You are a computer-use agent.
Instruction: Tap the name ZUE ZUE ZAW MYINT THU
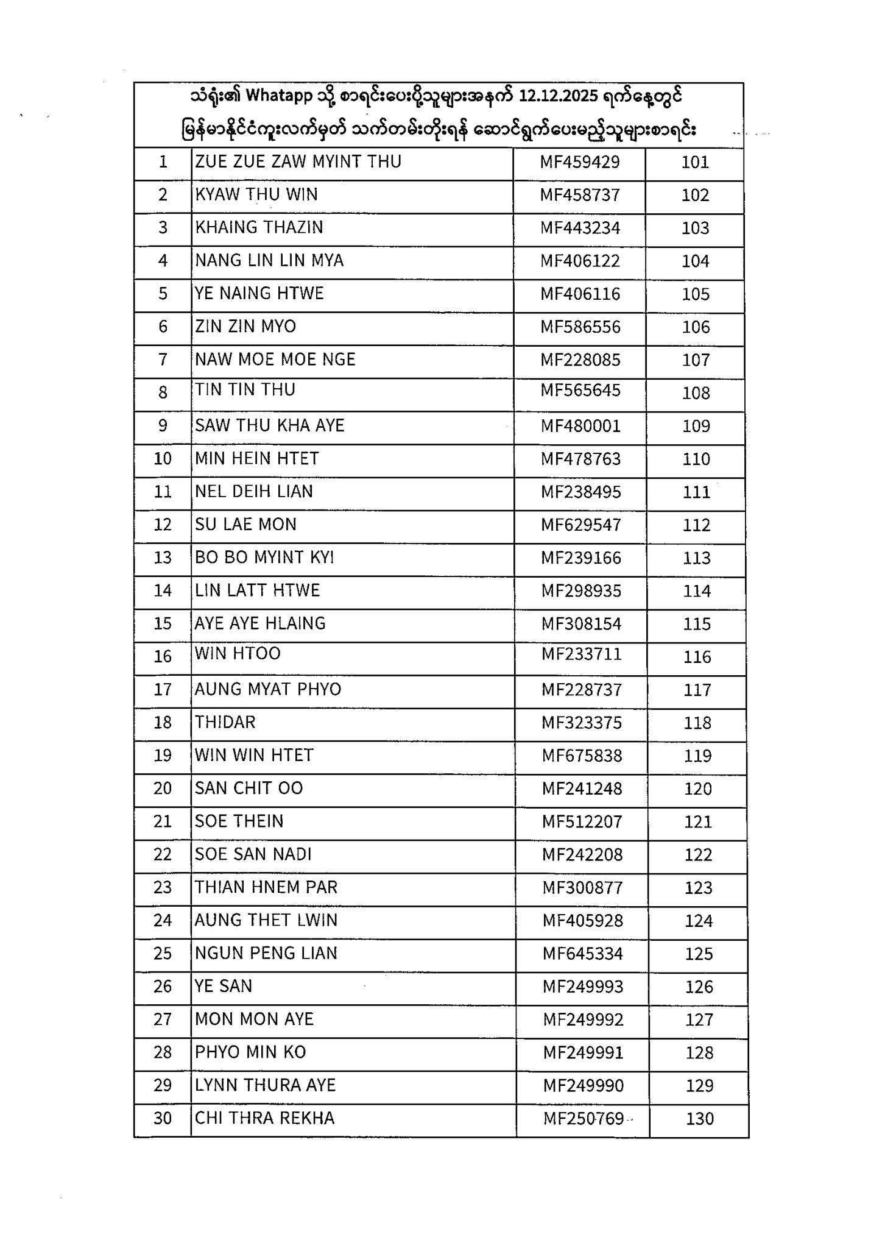click(298, 161)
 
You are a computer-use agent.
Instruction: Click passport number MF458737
click(580, 195)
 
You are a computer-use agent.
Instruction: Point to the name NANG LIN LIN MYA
click(269, 261)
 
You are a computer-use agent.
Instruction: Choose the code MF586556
click(580, 327)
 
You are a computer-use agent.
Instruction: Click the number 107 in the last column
click(696, 360)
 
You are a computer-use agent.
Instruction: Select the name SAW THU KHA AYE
click(270, 425)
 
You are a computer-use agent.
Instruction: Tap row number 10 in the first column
click(163, 458)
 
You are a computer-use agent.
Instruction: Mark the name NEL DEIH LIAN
click(254, 491)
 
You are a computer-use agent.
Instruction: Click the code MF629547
click(581, 525)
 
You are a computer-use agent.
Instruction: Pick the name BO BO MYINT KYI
click(264, 558)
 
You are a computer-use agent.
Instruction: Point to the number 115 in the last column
click(697, 624)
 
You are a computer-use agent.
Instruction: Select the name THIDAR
click(225, 722)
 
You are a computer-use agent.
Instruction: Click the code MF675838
click(582, 756)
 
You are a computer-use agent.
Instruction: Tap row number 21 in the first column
click(163, 821)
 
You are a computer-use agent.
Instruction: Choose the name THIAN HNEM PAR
click(266, 887)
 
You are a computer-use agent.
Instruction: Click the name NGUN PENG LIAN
click(266, 953)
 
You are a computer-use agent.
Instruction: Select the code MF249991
click(583, 1052)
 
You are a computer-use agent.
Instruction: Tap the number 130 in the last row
click(699, 1119)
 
